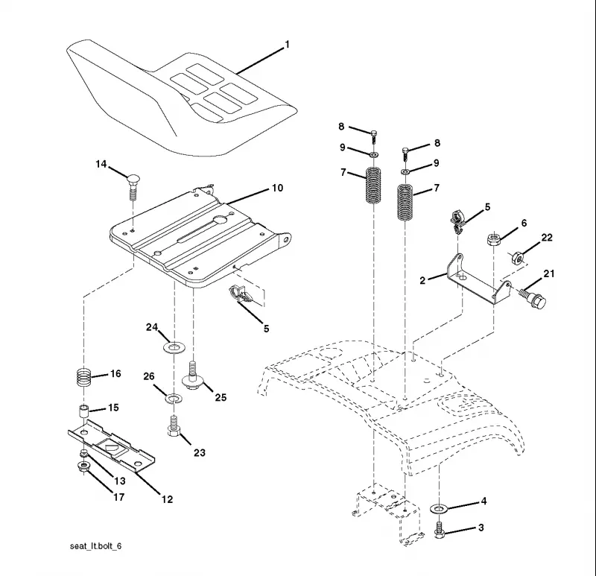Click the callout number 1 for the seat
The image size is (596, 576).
(x=288, y=45)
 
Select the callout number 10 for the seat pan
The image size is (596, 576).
(x=277, y=188)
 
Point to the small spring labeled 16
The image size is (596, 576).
(x=83, y=377)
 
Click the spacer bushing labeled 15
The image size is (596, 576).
(x=83, y=411)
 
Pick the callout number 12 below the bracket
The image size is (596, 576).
(x=167, y=499)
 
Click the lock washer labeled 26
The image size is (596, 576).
(x=174, y=399)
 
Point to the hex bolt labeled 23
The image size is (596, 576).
(x=174, y=426)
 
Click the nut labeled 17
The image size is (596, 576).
(x=83, y=468)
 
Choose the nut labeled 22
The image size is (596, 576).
(x=517, y=258)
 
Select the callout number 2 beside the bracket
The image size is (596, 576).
(x=422, y=281)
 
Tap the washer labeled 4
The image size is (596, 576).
(x=439, y=508)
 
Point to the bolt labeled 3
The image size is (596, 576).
(x=440, y=530)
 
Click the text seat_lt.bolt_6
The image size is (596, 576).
(x=96, y=546)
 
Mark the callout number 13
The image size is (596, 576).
(x=120, y=481)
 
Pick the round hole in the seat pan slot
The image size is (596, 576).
(x=220, y=220)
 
